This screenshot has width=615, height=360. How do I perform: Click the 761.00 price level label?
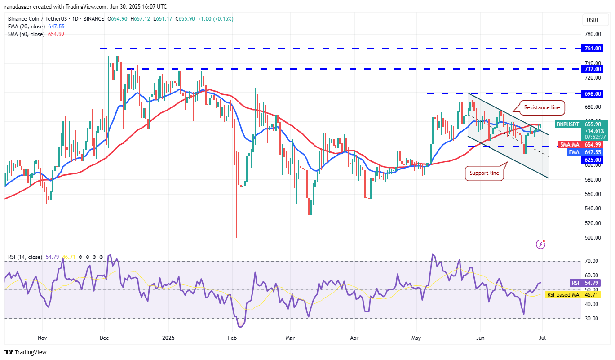click(x=593, y=48)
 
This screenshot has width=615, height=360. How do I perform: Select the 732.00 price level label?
click(x=593, y=69)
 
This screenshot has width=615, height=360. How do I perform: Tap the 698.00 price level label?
click(x=593, y=93)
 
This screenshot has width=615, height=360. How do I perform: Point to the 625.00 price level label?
click(x=593, y=160)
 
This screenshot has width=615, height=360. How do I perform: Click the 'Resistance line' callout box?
click(x=543, y=107)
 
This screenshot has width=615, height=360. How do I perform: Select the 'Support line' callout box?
click(x=484, y=173)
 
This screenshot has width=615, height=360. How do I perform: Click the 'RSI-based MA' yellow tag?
click(x=562, y=295)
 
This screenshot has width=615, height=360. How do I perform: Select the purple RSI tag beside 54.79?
click(x=575, y=283)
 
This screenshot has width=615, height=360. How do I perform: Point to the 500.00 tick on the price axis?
click(x=593, y=237)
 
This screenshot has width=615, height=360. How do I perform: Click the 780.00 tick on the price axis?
click(x=593, y=34)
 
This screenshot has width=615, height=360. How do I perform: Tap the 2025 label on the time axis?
click(x=168, y=338)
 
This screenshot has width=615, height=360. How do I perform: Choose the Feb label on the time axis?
click(x=232, y=338)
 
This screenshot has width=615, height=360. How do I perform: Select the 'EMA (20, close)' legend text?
click(x=27, y=27)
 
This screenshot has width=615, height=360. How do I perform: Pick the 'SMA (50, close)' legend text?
click(x=27, y=34)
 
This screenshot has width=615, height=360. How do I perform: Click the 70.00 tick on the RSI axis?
click(x=591, y=261)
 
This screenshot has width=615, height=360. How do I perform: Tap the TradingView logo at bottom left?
click(x=26, y=352)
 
